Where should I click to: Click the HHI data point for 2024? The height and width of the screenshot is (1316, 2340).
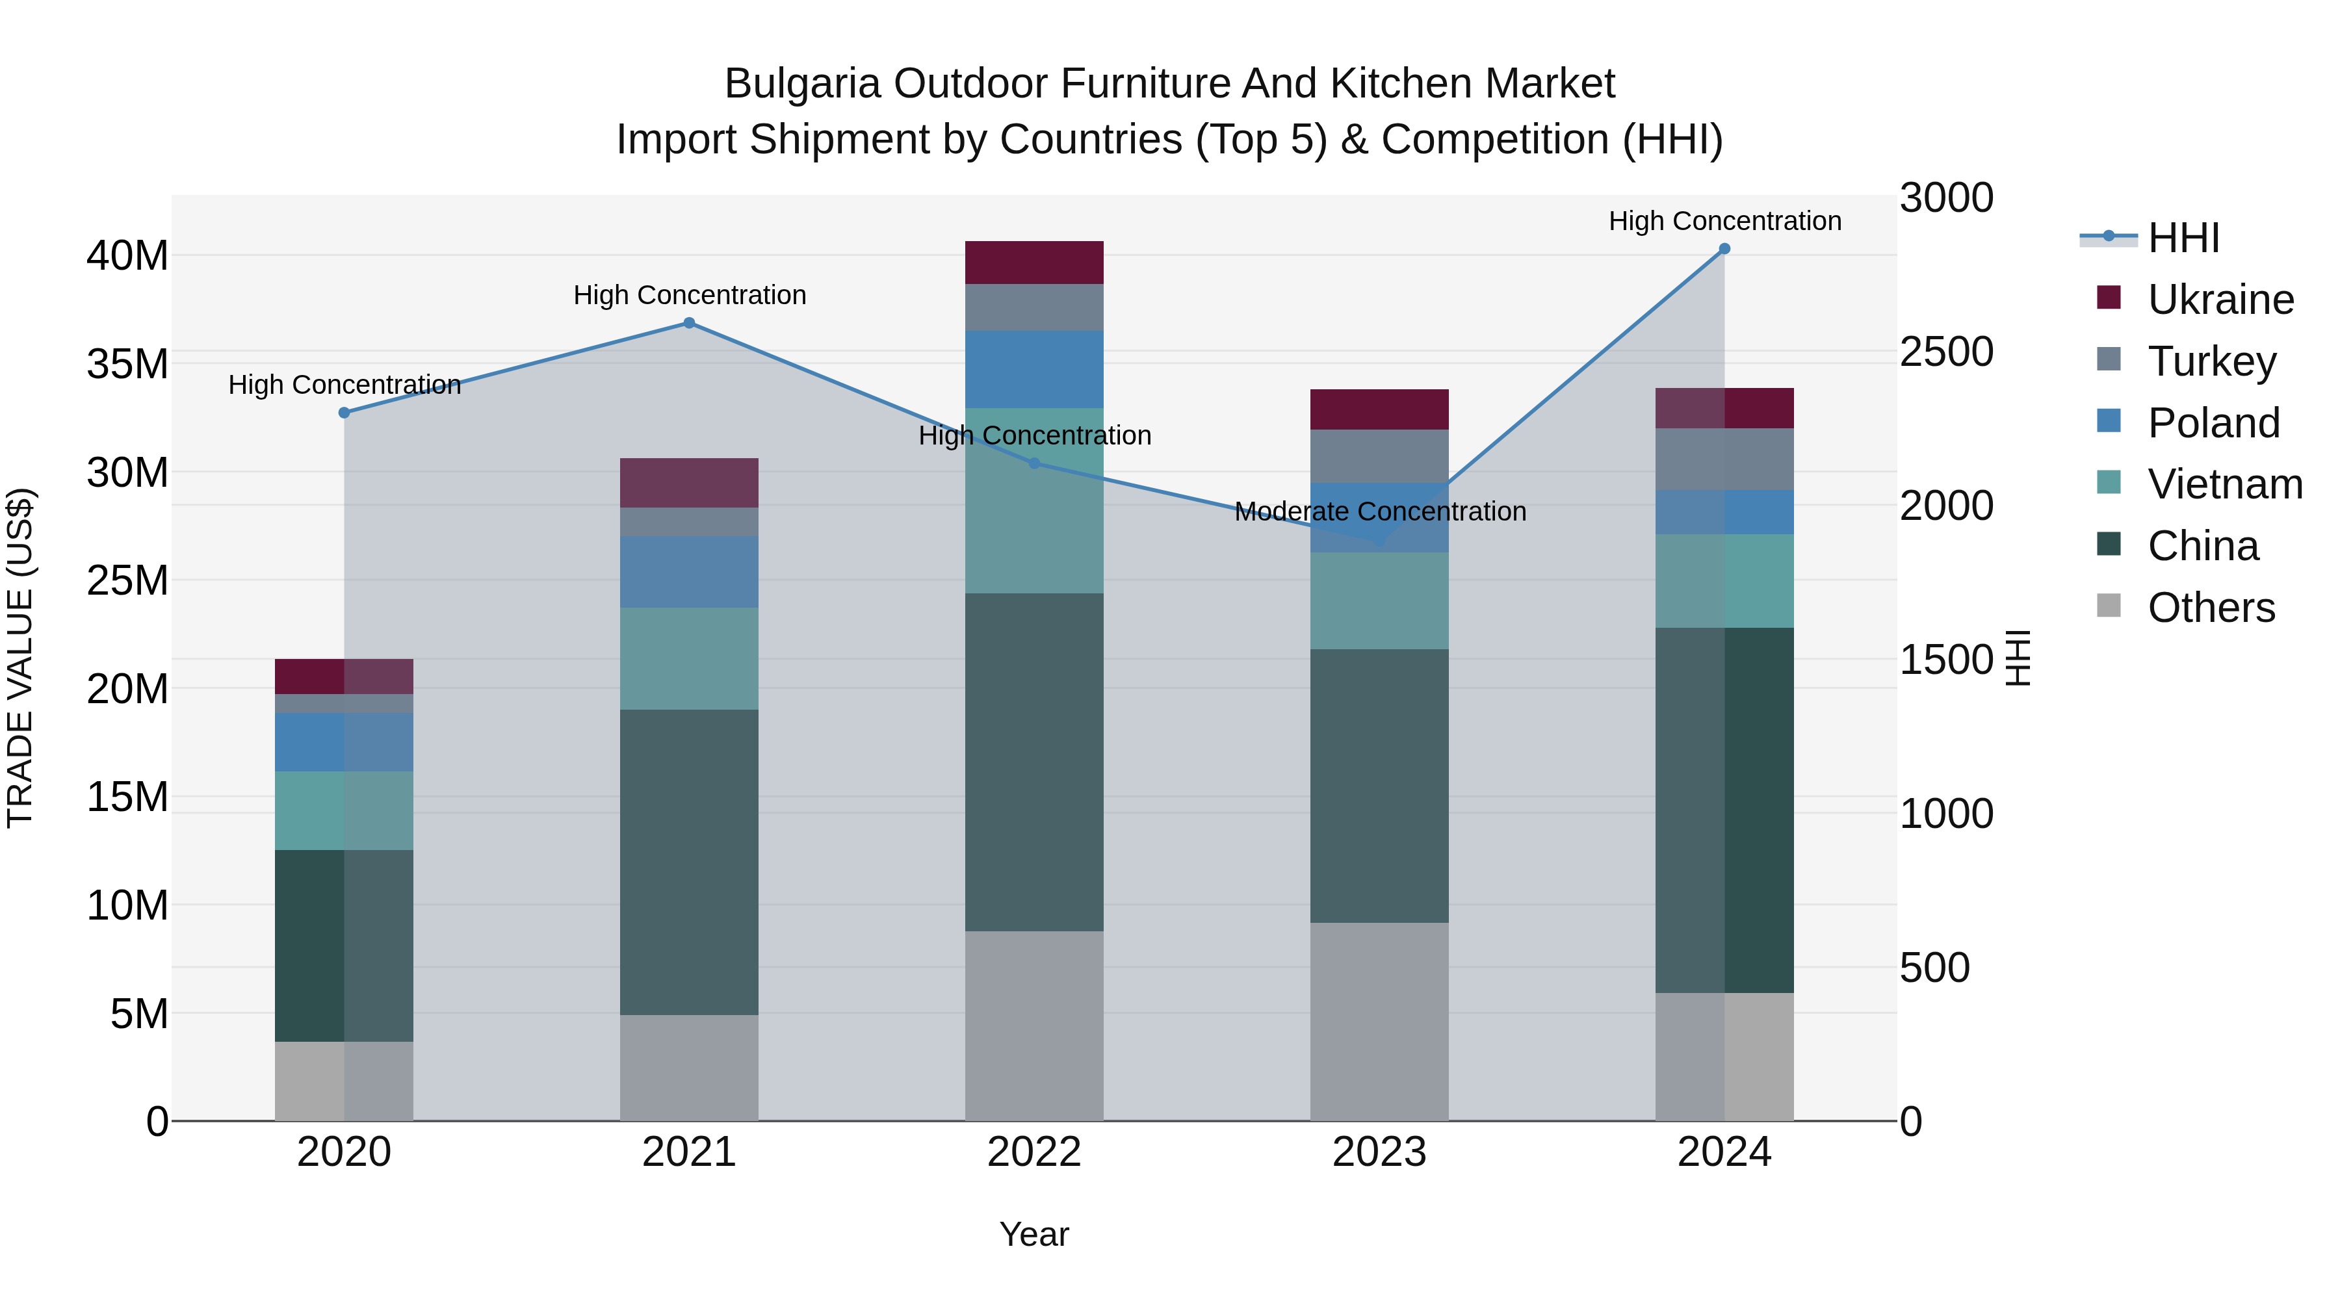pos(1724,249)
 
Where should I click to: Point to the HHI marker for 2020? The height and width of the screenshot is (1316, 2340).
pos(344,412)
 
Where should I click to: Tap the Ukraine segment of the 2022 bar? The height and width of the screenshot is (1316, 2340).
pos(1033,263)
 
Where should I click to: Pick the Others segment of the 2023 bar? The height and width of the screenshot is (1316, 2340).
pos(1379,1022)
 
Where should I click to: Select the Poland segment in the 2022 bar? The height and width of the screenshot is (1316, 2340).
pos(1033,368)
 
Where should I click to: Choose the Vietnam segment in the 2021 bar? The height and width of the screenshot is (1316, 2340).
pos(688,658)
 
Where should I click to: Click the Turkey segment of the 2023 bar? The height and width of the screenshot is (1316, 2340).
pos(1379,456)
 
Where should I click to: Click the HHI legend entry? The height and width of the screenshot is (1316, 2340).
pos(2183,238)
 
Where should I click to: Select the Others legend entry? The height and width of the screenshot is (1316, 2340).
pos(2210,608)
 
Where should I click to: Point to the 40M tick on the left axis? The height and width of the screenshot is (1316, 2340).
pos(127,256)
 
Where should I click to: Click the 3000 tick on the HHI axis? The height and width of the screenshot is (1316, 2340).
pos(1945,198)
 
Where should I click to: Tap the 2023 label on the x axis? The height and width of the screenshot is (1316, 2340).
pos(1379,1152)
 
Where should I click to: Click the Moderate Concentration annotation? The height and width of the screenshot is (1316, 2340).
pos(1380,511)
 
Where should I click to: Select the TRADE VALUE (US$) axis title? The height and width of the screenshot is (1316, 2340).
pos(20,658)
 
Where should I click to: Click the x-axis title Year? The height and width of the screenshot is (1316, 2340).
pos(1033,1234)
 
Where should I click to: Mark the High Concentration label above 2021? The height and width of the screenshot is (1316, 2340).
pos(690,295)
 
